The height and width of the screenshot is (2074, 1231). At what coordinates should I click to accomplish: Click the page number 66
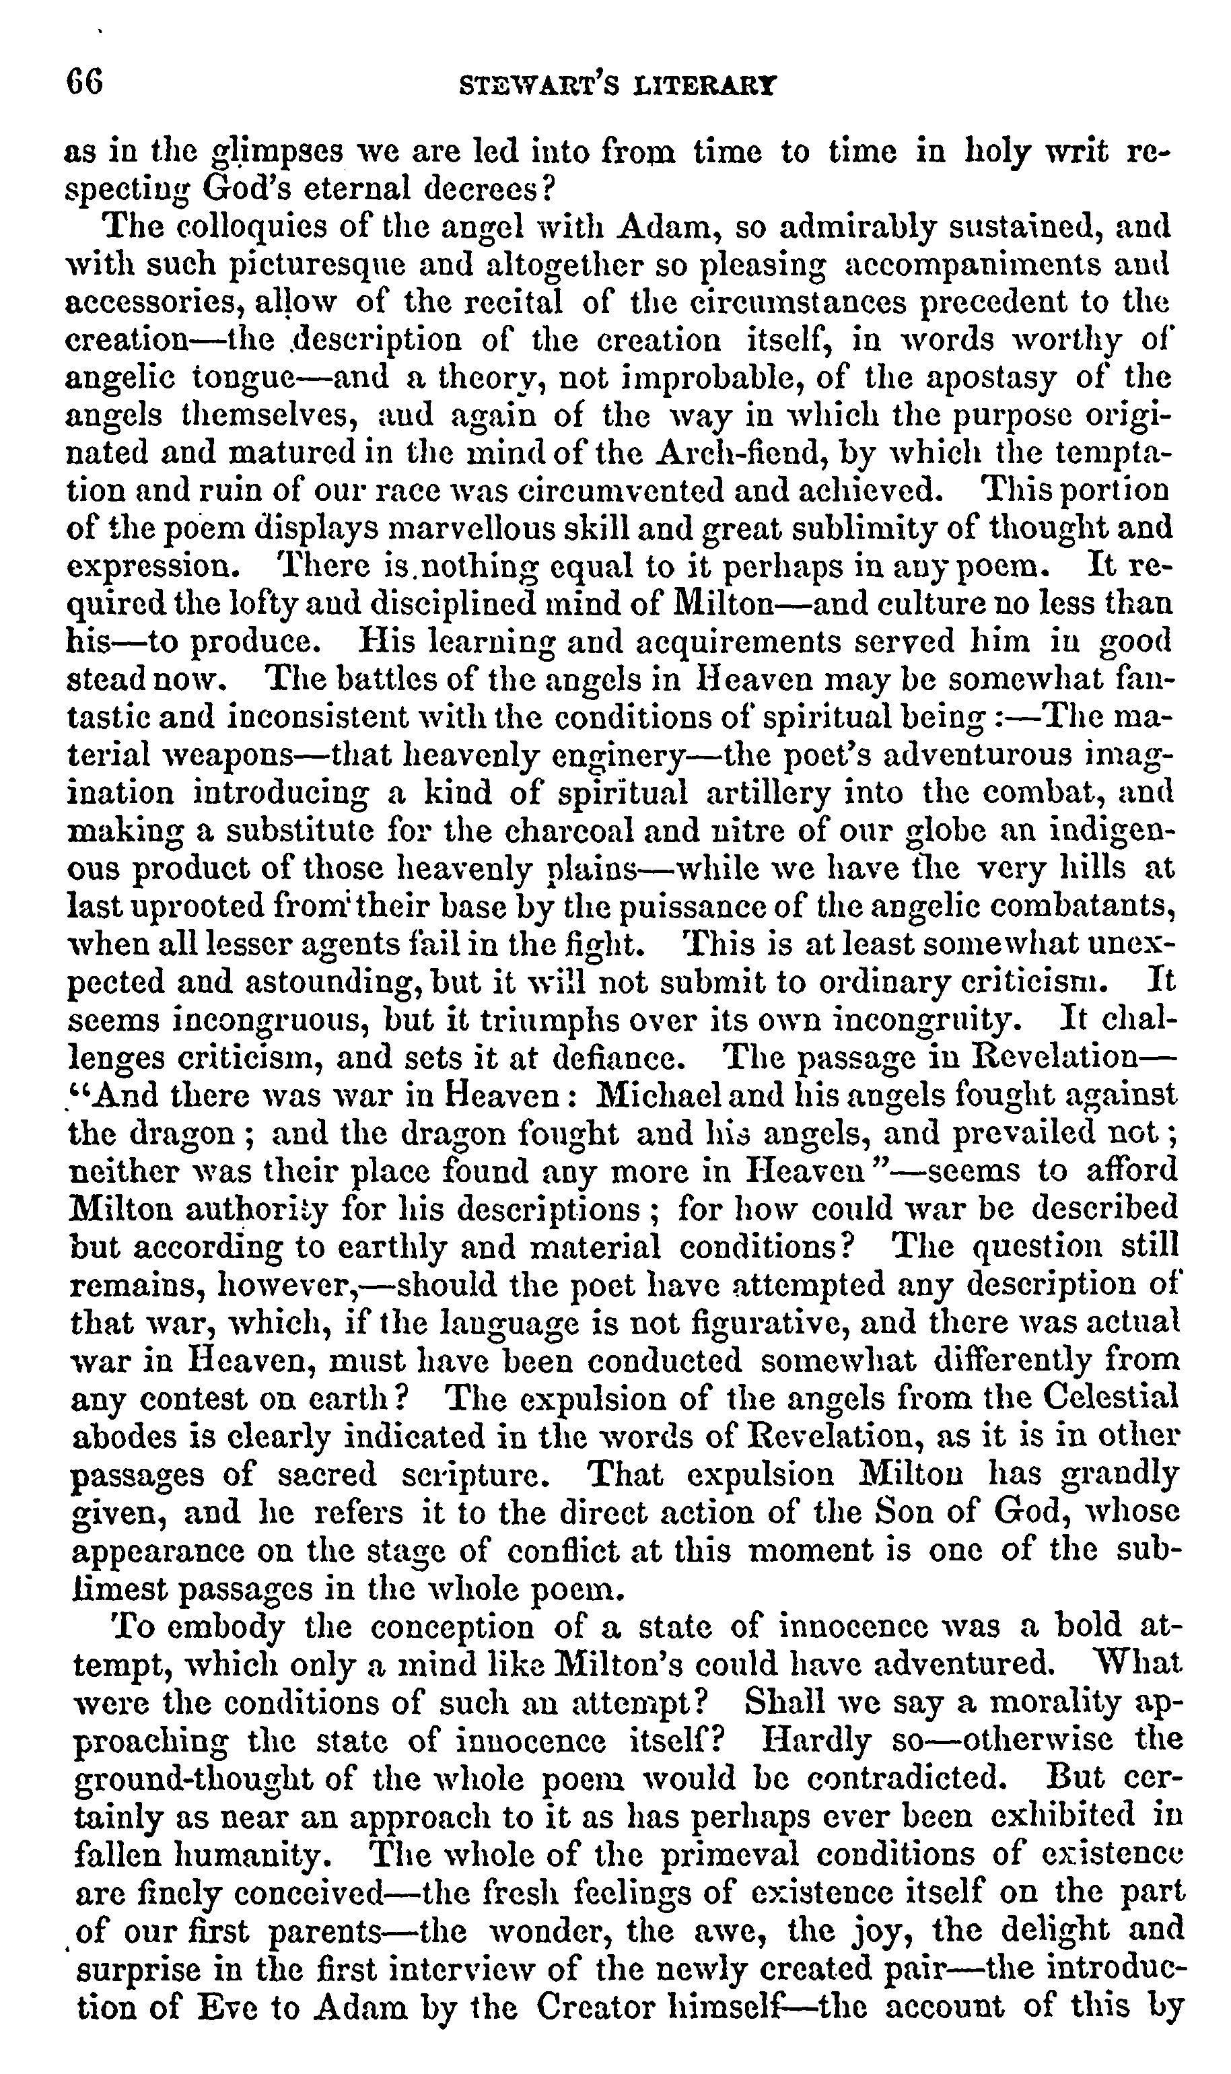point(85,83)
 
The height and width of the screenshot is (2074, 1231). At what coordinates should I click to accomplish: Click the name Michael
point(662,1096)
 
